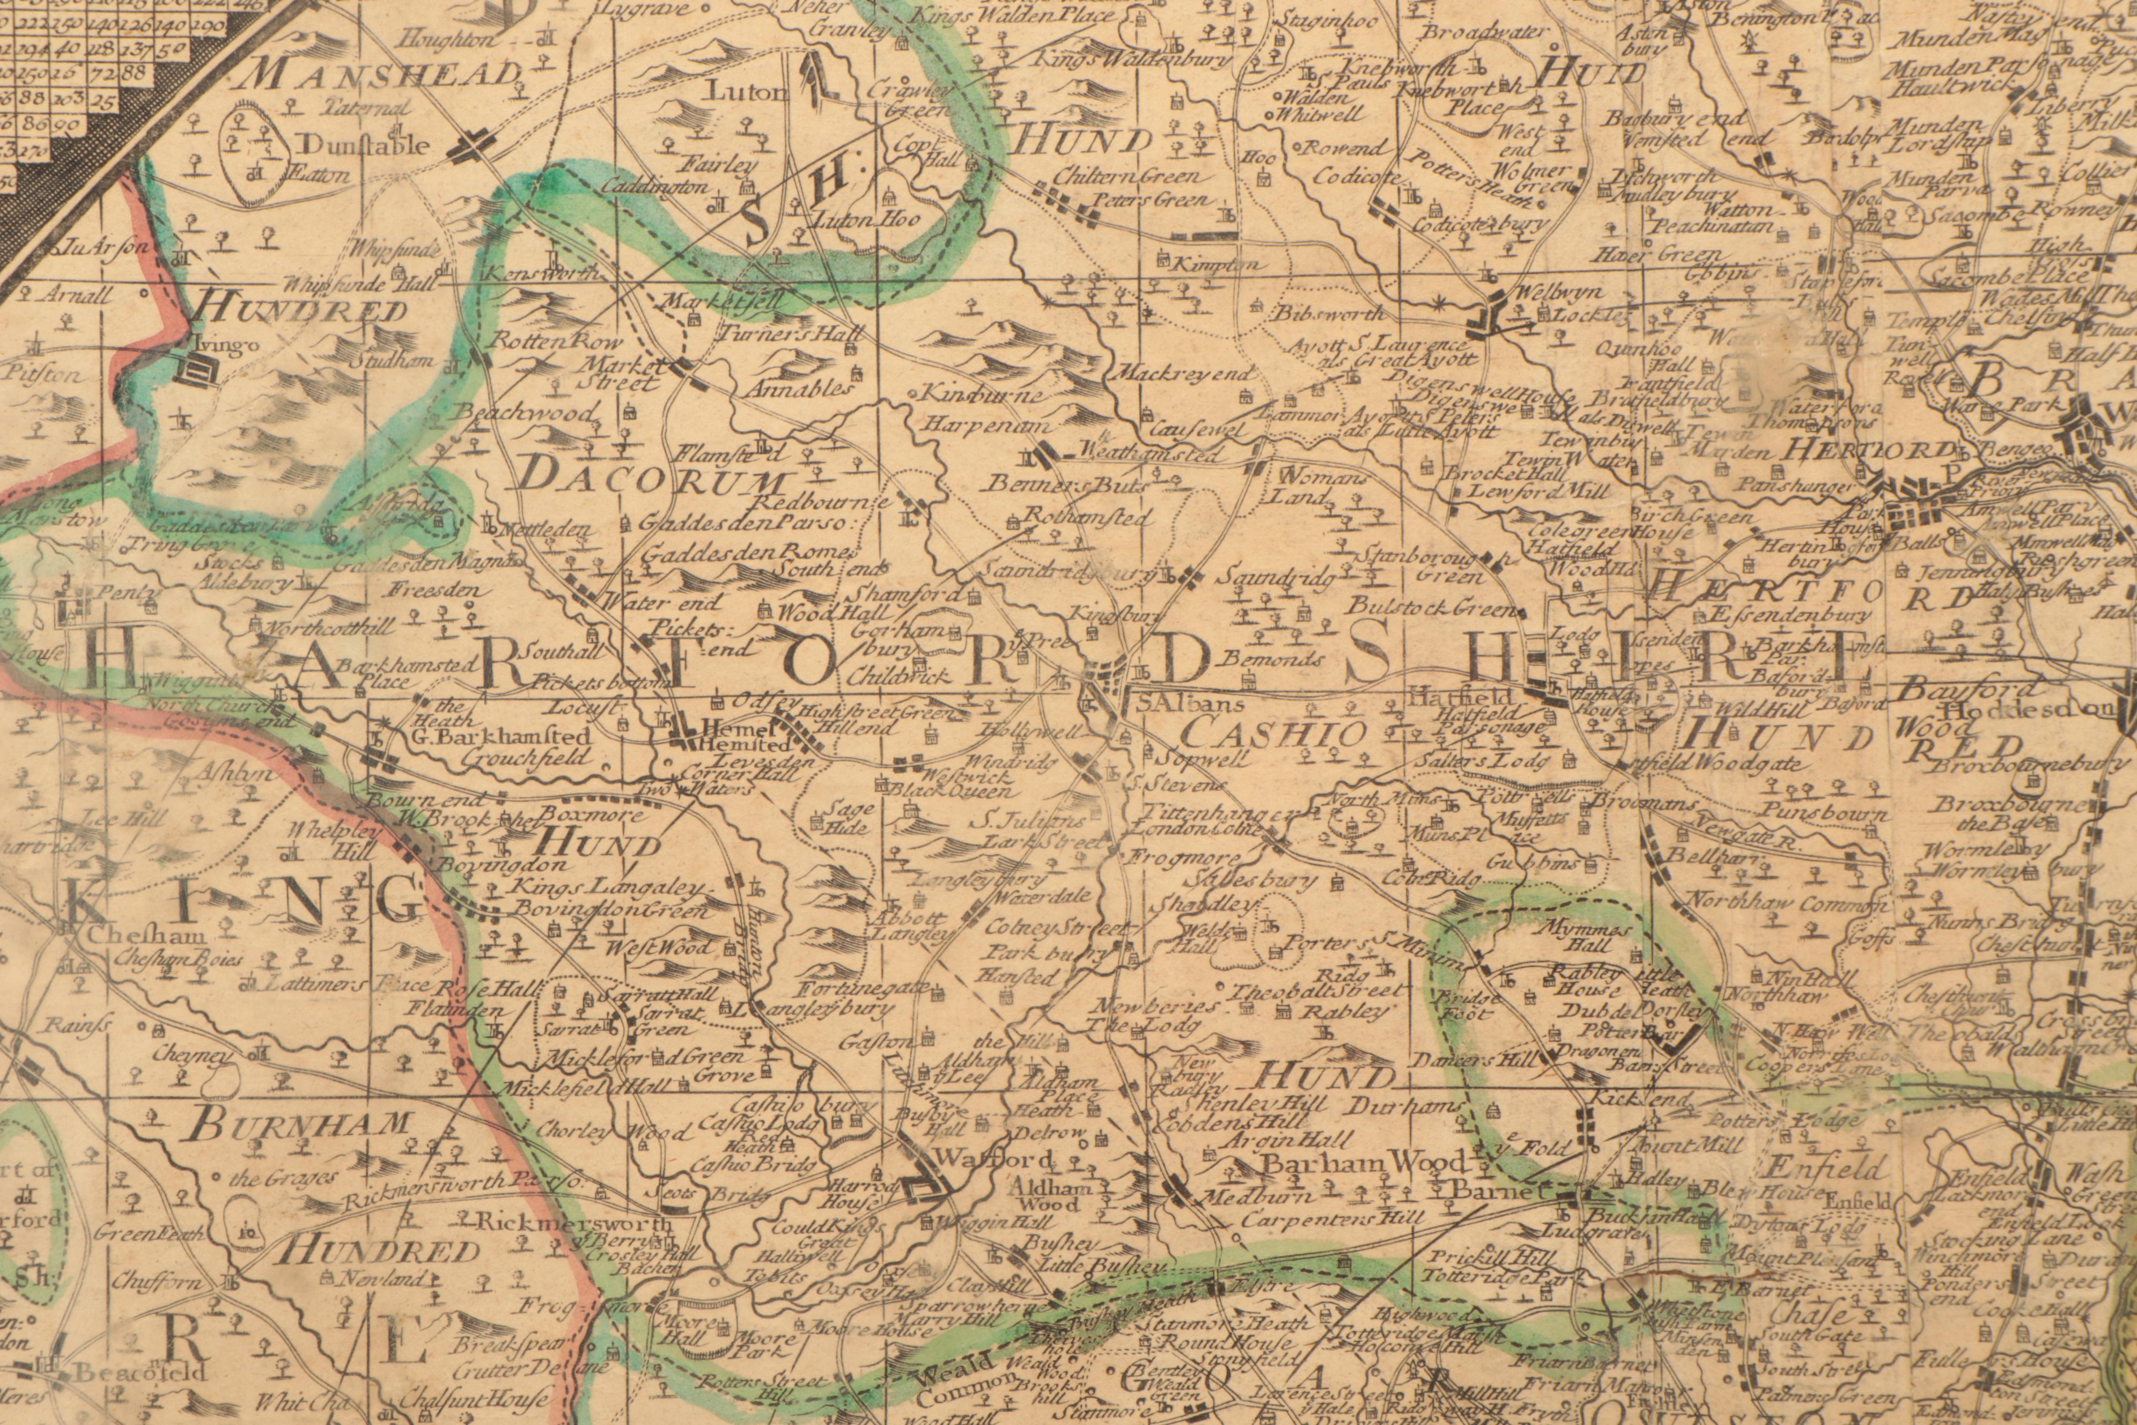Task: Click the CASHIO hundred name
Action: [x=1276, y=732]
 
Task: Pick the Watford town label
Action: [x=984, y=1159]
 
